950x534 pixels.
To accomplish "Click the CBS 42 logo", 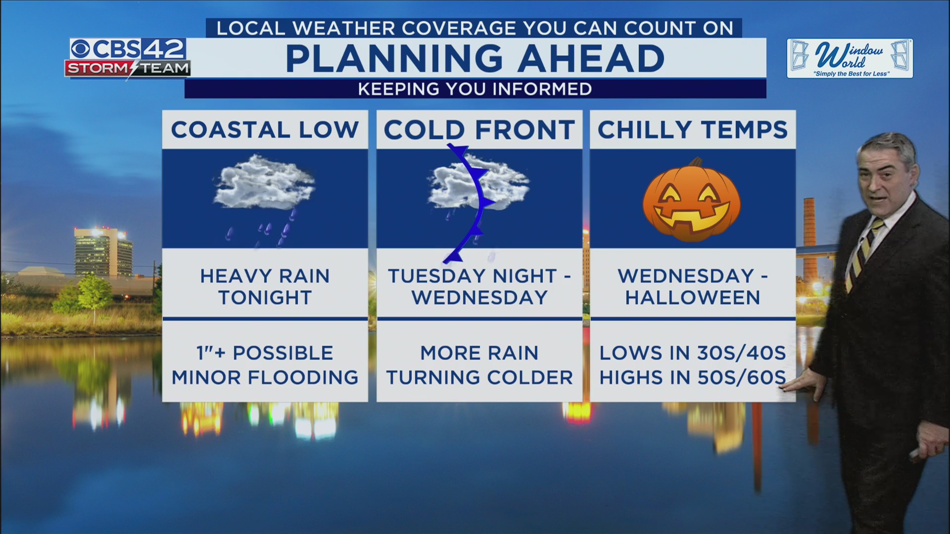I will click(128, 50).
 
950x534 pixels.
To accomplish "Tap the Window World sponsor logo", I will click(850, 59).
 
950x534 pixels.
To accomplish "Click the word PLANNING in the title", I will click(394, 58).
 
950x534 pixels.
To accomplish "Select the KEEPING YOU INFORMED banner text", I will click(475, 89).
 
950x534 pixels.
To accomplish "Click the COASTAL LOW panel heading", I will click(265, 130).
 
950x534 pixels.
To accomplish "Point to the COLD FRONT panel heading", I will click(479, 130).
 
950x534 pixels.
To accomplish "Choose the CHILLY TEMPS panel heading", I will click(692, 130).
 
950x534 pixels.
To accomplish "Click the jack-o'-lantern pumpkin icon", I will click(692, 202).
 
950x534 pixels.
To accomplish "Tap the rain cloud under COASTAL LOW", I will click(264, 183).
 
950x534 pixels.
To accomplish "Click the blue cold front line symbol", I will click(476, 208).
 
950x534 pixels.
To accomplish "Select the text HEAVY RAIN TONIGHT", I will click(265, 287).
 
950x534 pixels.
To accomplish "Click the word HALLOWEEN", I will click(692, 298).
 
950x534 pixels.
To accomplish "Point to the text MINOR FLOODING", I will click(265, 378).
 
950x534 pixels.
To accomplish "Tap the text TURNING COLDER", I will click(479, 378).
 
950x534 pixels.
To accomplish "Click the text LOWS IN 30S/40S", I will click(692, 353).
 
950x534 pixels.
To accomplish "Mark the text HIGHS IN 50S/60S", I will click(692, 378).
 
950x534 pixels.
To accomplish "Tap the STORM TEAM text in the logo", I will click(128, 68).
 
